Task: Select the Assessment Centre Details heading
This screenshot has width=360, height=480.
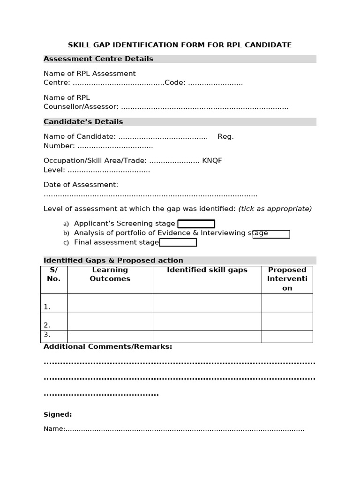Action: pos(98,59)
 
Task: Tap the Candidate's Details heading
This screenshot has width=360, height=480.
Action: pos(83,122)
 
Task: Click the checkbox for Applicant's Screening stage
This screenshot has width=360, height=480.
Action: pos(196,224)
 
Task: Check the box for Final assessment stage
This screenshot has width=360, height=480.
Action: pos(178,242)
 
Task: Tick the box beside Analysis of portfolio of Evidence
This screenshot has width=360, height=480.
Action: pos(271,234)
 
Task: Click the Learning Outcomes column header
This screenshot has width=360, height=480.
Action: pos(110,274)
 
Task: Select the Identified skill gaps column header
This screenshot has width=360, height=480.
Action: pos(207,270)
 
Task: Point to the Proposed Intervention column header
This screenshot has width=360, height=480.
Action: pos(287,279)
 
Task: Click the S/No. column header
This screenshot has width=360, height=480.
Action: pos(54,274)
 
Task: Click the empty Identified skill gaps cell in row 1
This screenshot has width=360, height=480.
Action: pos(207,303)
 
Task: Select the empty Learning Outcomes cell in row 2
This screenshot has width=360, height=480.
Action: pos(110,321)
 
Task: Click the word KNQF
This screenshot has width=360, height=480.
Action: pos(212,161)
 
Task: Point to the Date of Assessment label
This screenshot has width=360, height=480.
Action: pos(81,185)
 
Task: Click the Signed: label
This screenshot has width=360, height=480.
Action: pos(58,414)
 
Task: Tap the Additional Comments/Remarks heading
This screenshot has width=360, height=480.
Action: pos(108,347)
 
